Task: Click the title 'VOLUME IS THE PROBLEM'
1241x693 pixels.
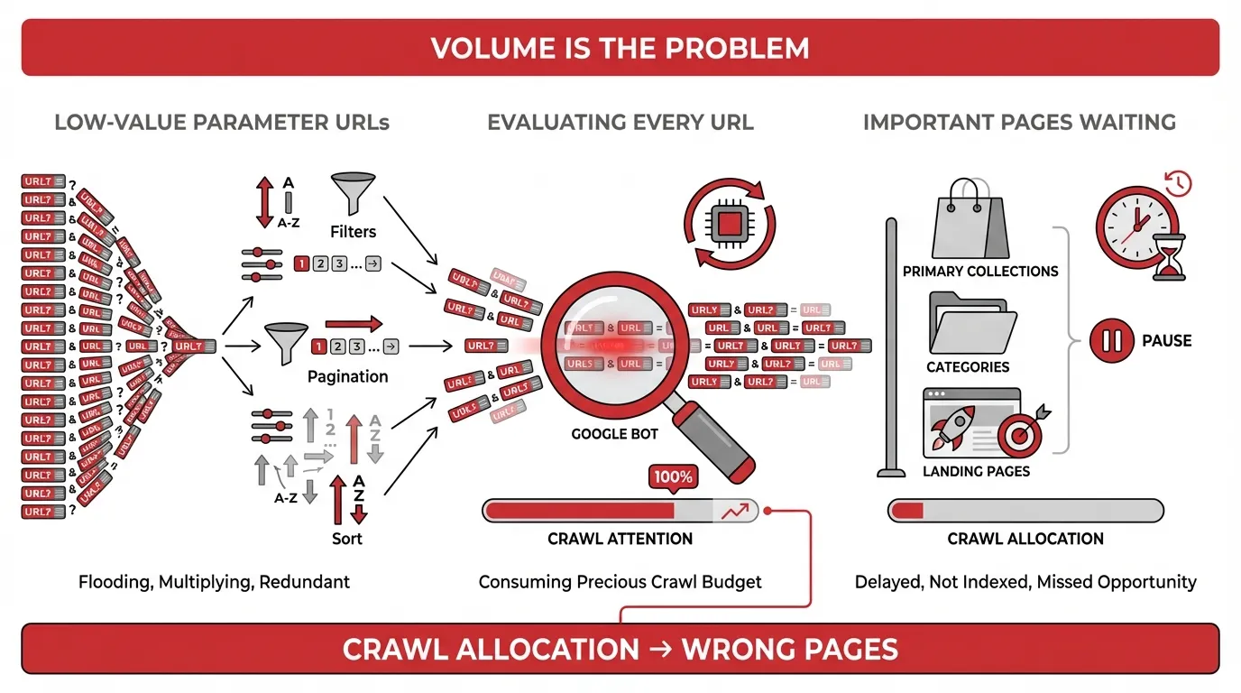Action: [620, 48]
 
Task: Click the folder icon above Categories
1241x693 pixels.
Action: [970, 324]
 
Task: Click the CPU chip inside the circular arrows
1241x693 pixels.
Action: [729, 222]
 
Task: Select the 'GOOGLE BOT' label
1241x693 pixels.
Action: [615, 434]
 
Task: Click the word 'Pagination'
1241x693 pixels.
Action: [347, 376]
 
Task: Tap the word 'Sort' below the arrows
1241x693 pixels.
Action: [346, 539]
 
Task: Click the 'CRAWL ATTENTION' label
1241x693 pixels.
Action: [620, 539]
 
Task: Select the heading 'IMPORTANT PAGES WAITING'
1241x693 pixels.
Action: [1019, 122]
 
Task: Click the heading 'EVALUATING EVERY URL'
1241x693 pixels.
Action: [620, 122]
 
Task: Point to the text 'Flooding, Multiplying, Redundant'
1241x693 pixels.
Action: [214, 582]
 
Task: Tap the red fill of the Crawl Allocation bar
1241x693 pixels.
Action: [907, 511]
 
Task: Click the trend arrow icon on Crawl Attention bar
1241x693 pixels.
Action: [734, 512]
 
